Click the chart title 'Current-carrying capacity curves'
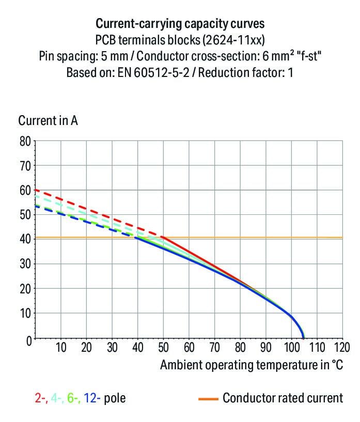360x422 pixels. (x=180, y=24)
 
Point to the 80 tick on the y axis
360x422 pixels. (x=26, y=141)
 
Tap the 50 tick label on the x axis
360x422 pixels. (x=164, y=347)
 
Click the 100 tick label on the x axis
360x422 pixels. (x=291, y=347)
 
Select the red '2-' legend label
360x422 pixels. (x=41, y=398)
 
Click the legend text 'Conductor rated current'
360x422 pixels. (x=283, y=398)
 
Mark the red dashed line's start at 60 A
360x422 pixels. (x=35, y=190)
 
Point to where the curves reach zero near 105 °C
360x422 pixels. (x=303, y=338)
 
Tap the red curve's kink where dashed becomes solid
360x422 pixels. (x=163, y=238)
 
